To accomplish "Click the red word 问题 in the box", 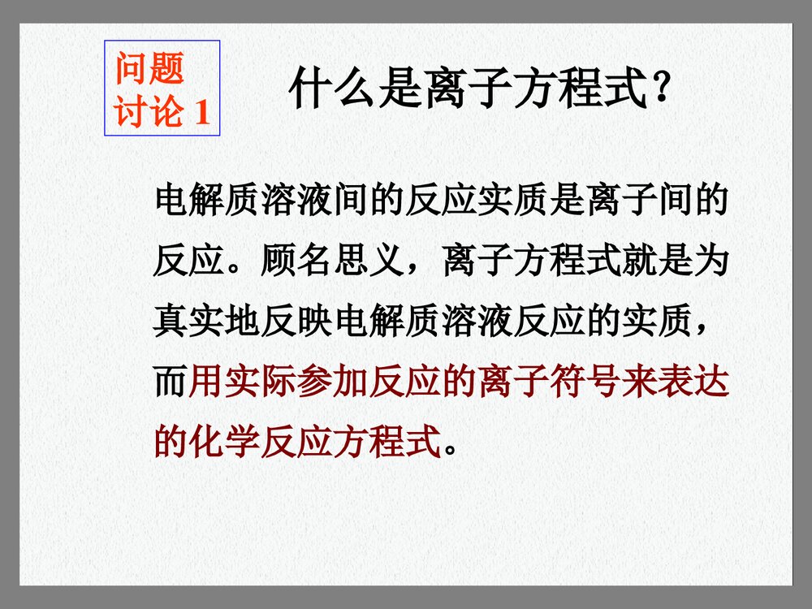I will click(149, 68).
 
